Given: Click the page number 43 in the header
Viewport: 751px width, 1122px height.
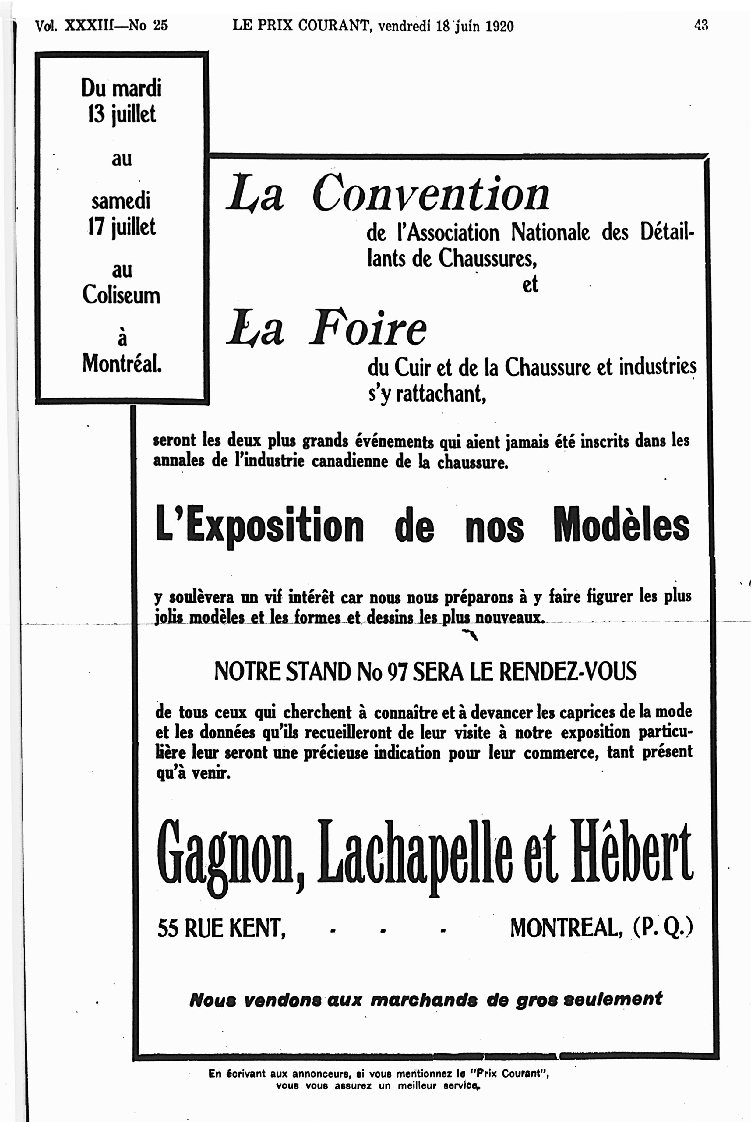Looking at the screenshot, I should [701, 25].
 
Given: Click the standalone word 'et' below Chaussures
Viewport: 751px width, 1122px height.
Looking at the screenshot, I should [530, 285].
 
